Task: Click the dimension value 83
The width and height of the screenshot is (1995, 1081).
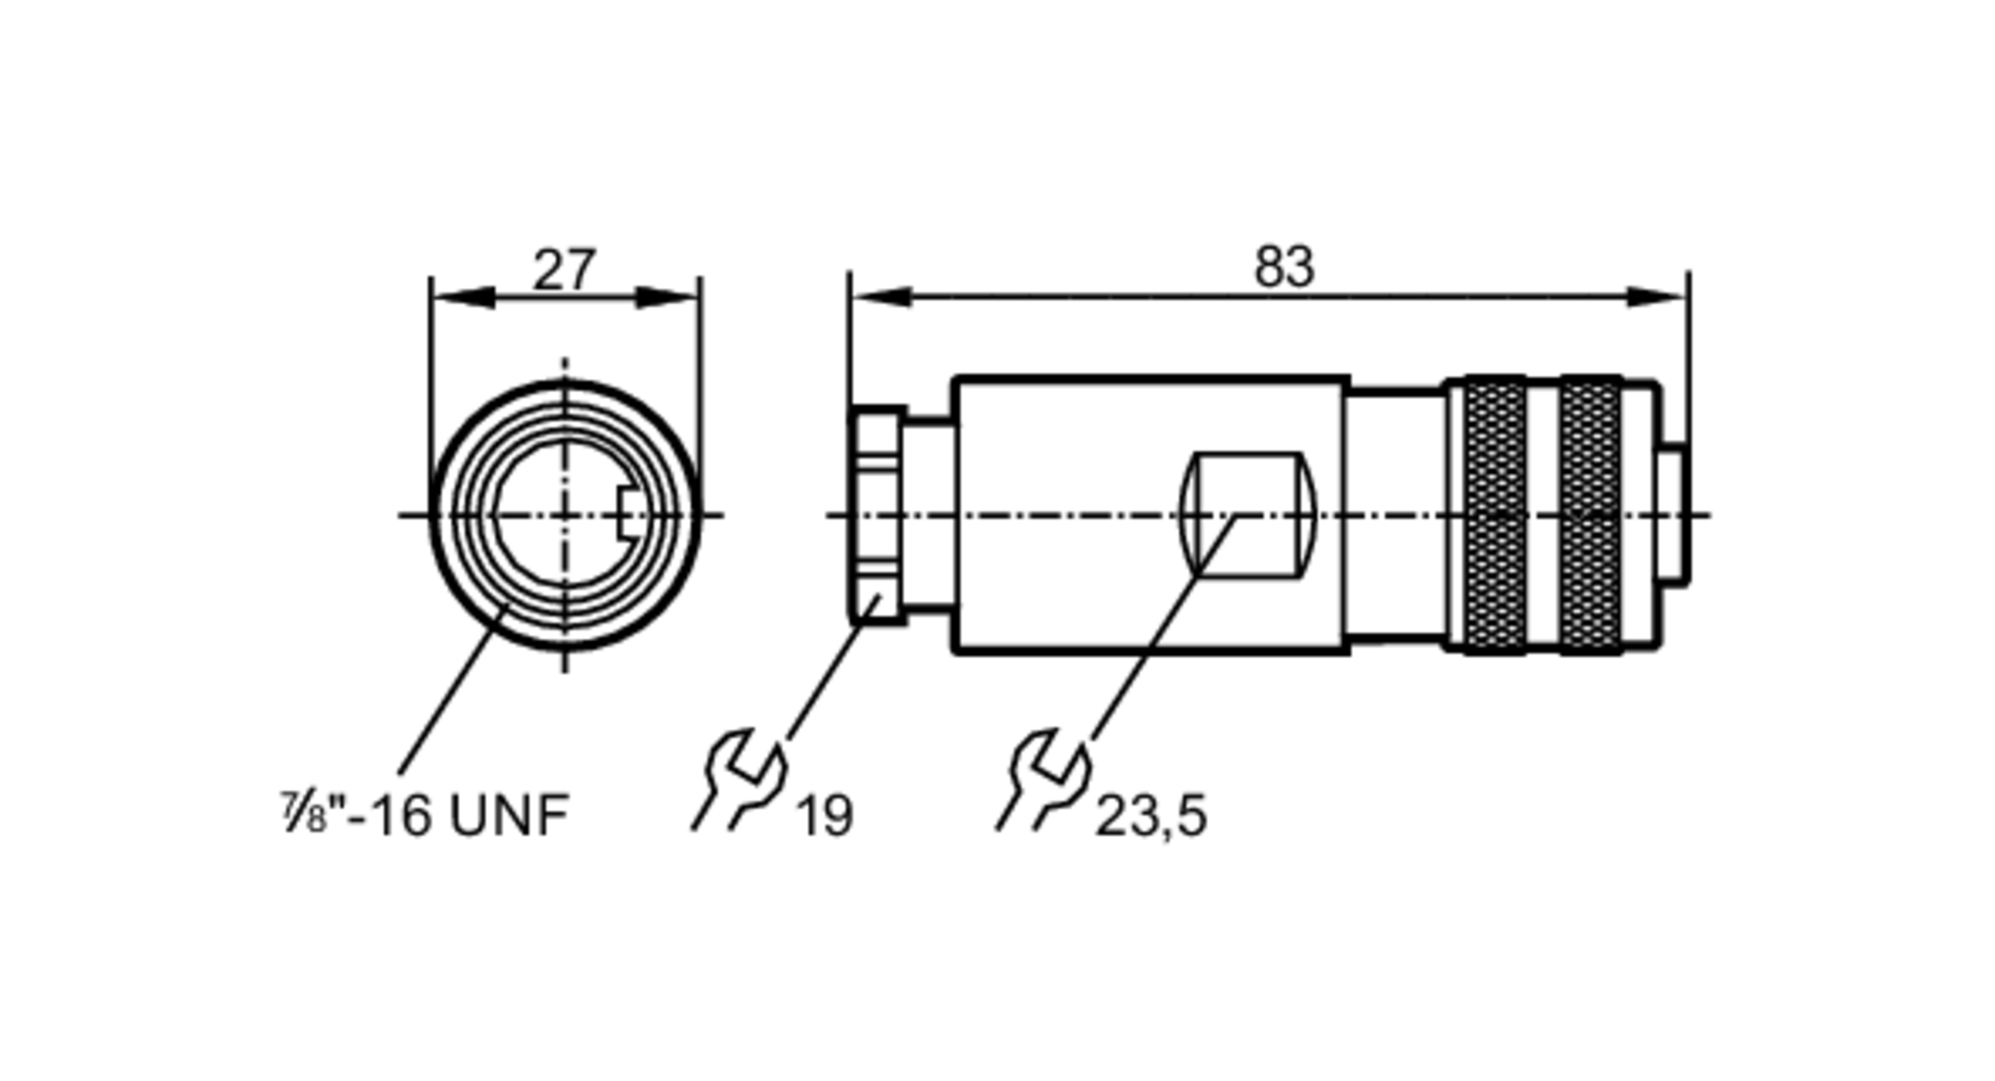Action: point(1284,266)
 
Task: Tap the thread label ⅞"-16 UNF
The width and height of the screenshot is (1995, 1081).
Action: point(425,814)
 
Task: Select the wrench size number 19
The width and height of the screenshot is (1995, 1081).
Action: point(825,817)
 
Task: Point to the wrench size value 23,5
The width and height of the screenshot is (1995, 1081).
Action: point(1151,817)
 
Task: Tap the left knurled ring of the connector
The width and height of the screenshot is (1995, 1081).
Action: point(1495,515)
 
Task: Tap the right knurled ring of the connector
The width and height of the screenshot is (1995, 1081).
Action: point(1590,515)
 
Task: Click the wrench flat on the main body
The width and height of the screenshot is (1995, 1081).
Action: point(1248,515)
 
